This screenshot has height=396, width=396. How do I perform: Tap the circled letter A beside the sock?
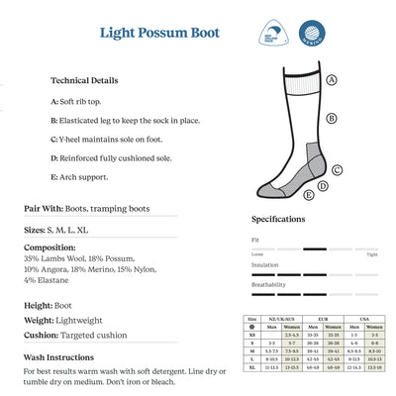click(x=331, y=80)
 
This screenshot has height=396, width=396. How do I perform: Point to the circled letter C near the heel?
click(x=337, y=169)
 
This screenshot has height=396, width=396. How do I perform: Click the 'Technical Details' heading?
click(x=84, y=80)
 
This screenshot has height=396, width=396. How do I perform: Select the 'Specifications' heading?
click(x=278, y=219)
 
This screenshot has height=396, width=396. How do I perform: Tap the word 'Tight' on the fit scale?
click(x=372, y=254)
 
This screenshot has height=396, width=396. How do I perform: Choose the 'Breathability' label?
click(x=268, y=285)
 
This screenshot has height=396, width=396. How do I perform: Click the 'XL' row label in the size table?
click(x=252, y=367)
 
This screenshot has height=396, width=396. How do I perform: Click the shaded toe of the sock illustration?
click(x=268, y=187)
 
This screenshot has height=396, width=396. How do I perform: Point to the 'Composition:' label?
click(x=49, y=247)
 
